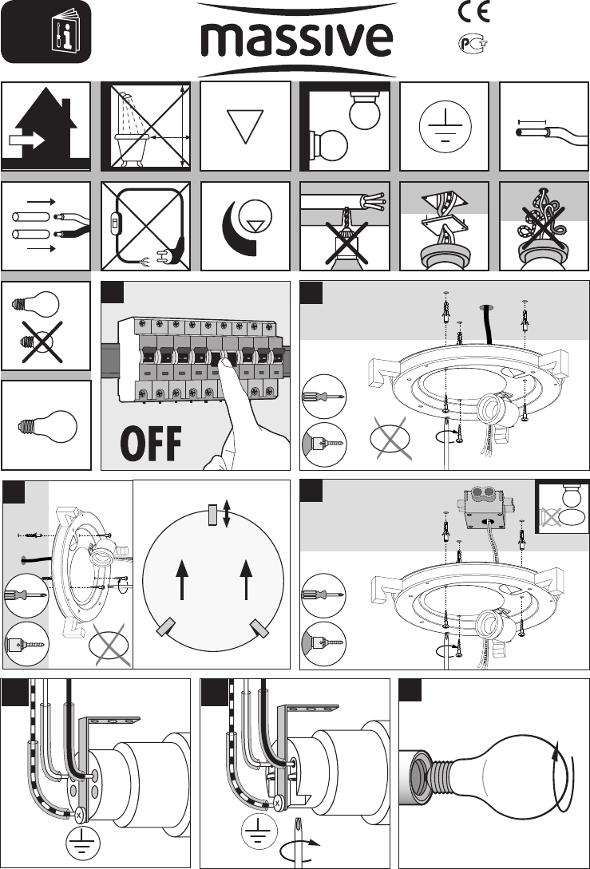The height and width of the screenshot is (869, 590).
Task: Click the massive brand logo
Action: point(295,38)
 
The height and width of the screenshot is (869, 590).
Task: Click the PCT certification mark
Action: point(473,42)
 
